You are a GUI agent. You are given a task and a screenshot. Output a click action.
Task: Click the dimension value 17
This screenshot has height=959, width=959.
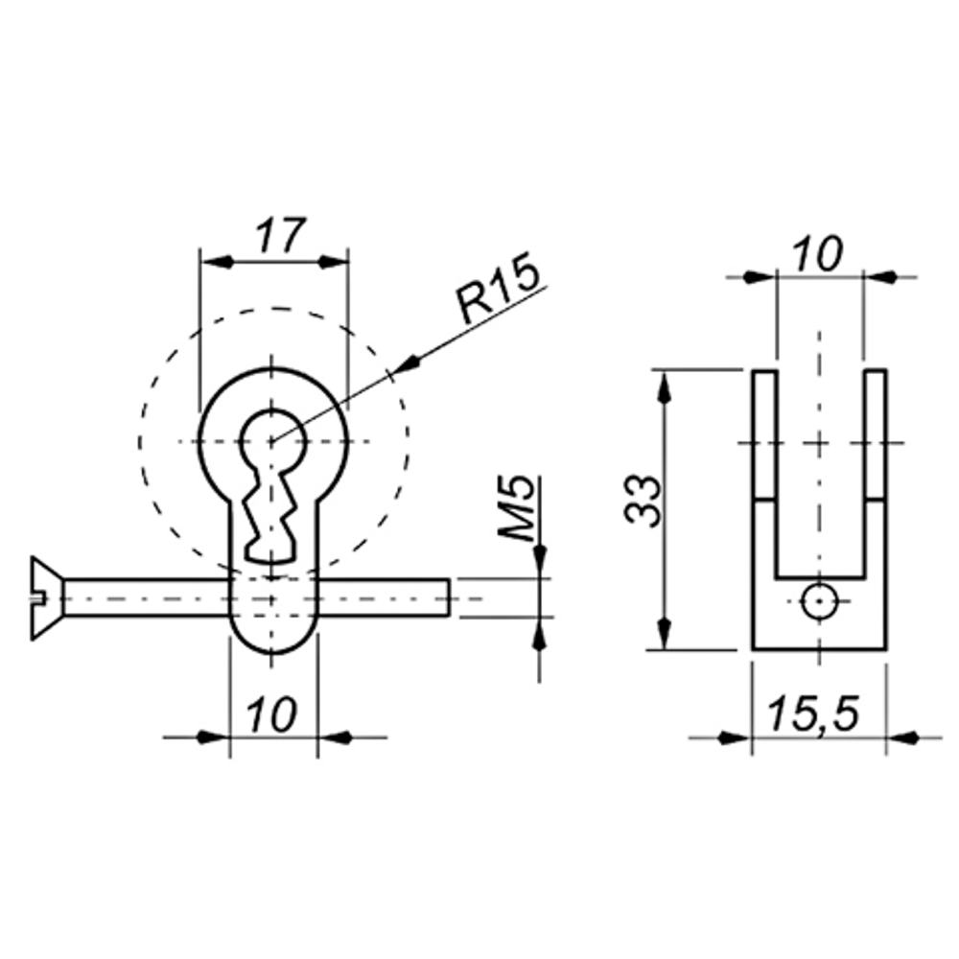click(280, 236)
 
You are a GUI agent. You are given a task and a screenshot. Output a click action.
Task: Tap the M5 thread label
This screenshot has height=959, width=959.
click(516, 509)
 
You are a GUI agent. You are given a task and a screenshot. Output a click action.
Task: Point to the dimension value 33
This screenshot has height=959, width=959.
click(643, 500)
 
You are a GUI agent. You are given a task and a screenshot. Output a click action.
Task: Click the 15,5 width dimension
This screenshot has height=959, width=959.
click(813, 713)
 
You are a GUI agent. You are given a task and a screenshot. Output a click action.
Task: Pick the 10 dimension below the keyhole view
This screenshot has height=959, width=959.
click(271, 713)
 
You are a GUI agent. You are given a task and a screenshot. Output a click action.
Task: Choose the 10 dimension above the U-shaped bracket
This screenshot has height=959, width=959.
click(818, 254)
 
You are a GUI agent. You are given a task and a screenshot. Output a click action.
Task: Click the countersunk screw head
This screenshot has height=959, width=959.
click(47, 598)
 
